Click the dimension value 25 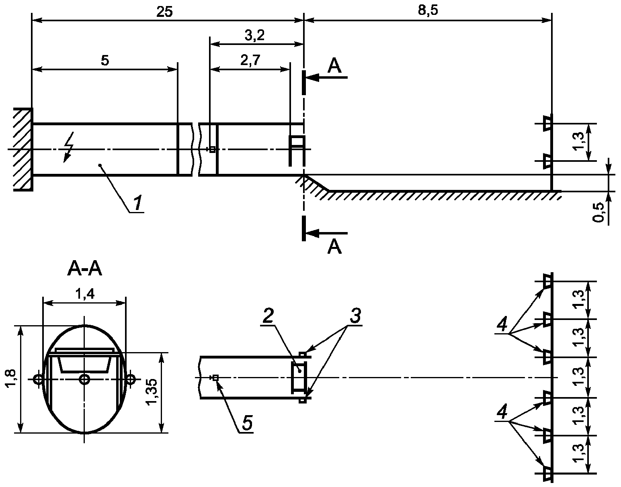point(165,12)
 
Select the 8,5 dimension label point(428,10)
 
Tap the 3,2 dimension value point(254,35)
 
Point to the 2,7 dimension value point(250,60)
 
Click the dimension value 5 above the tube point(105,61)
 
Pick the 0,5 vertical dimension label point(598,212)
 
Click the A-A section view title point(84,269)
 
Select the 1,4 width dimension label point(84,294)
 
